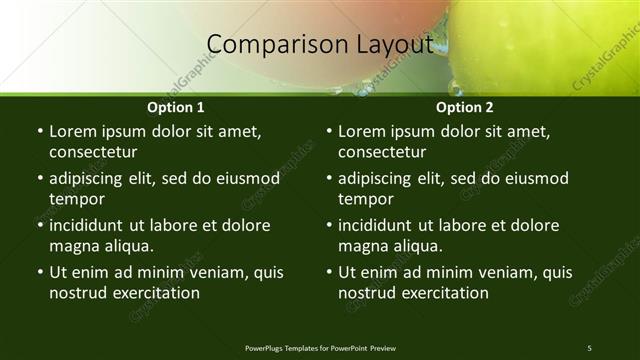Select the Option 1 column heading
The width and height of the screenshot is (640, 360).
(x=176, y=107)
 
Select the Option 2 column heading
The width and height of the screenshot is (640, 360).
(x=465, y=107)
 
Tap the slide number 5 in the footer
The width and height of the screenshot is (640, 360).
(x=589, y=347)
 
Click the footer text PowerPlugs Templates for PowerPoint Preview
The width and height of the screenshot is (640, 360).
(x=320, y=347)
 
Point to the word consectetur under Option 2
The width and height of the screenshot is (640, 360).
(x=383, y=152)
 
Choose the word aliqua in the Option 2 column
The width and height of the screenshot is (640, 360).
(x=416, y=245)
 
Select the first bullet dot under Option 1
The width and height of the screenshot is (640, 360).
(x=39, y=132)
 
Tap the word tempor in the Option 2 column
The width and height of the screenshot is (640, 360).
(x=365, y=198)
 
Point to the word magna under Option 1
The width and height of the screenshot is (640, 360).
(x=73, y=245)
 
